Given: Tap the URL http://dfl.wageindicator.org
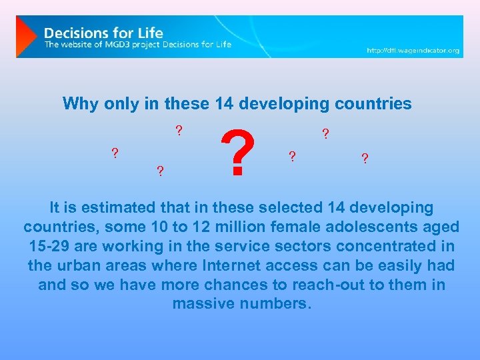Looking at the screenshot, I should (413, 50).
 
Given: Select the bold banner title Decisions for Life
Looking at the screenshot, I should (103, 32).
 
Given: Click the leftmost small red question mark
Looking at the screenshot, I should (115, 153).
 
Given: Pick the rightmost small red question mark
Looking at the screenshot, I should (365, 159).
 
